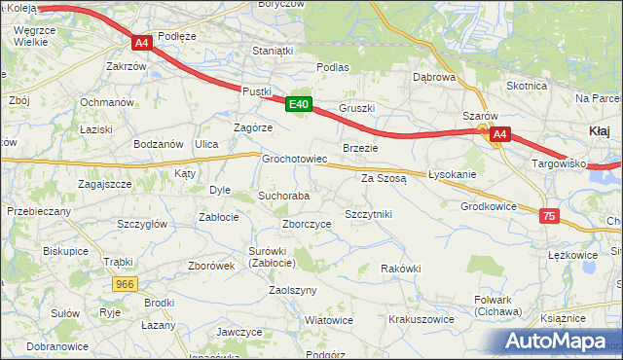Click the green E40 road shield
299,104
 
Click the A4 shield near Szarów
499,134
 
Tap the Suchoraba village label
283,196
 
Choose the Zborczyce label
307,223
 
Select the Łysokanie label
452,174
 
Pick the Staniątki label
272,50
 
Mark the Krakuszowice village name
421,318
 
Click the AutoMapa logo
559,342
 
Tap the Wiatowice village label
328,319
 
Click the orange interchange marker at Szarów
482,128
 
